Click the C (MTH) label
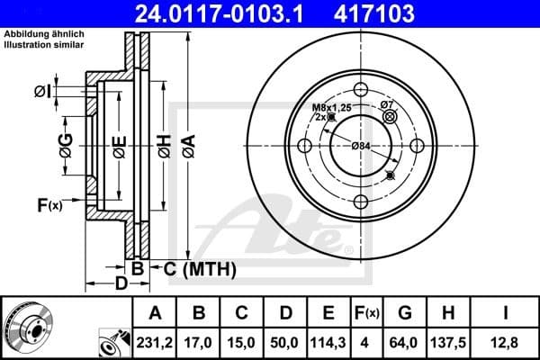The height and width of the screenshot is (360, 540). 191,268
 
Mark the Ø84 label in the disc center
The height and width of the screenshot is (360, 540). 360,146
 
